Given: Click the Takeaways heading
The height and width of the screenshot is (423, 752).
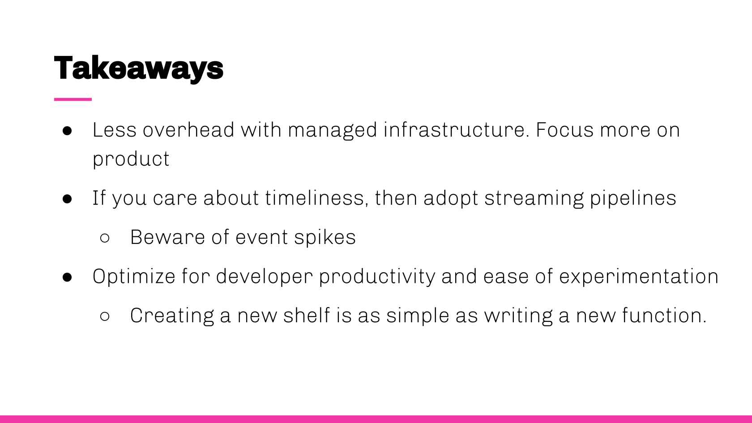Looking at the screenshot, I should [x=138, y=68].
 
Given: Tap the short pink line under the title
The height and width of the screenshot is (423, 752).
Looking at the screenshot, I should [x=73, y=99].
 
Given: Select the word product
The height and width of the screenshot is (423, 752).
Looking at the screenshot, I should [x=131, y=159].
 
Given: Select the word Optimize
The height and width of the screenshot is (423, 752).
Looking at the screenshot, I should [x=134, y=276].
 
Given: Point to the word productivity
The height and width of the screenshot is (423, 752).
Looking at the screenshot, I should [x=376, y=276].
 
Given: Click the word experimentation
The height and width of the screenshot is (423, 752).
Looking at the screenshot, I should [x=639, y=276].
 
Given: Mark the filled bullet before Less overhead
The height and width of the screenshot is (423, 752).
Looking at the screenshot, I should [x=68, y=131].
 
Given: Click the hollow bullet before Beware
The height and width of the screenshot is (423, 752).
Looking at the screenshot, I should [x=105, y=238].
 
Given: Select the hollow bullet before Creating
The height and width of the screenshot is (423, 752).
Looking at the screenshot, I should [x=105, y=316].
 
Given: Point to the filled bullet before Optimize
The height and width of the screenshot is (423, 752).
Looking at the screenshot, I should [x=68, y=277].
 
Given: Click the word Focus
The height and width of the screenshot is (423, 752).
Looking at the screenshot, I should [x=564, y=130].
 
